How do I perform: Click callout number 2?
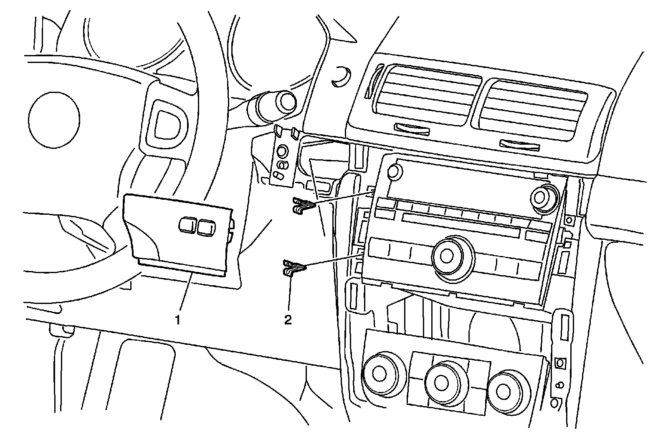click(x=288, y=320)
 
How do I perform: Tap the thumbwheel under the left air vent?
click(x=412, y=130)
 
